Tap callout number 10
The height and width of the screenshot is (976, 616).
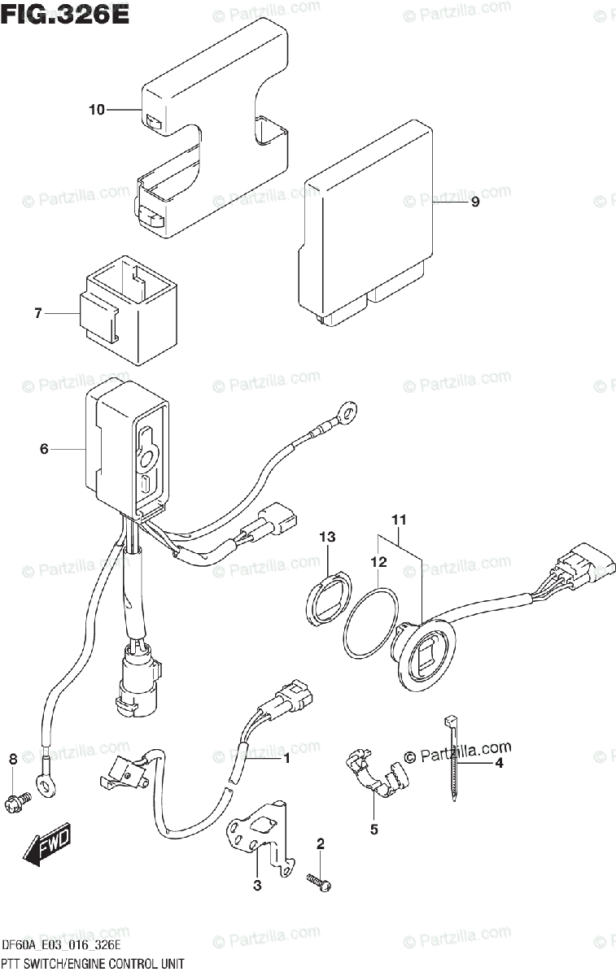[x=97, y=110]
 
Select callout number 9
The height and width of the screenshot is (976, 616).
[x=475, y=203]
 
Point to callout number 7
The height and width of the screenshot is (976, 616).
[x=37, y=314]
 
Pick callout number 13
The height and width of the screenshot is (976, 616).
[x=327, y=538]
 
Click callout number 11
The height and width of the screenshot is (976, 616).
[x=399, y=519]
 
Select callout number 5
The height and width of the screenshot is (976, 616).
[x=374, y=830]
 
